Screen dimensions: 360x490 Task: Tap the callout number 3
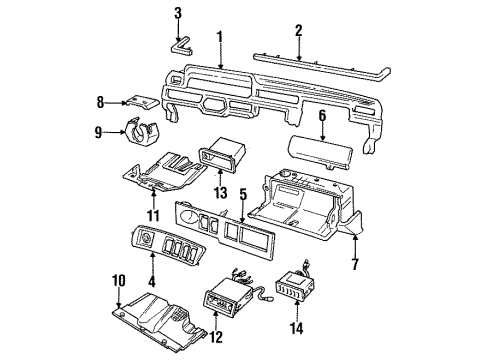[178, 13]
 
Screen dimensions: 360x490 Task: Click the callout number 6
[322, 117]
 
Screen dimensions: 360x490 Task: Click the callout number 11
[153, 214]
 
